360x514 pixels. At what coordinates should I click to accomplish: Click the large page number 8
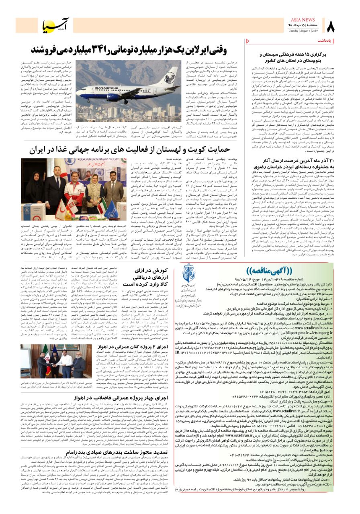pyautogui.click(x=331, y=28)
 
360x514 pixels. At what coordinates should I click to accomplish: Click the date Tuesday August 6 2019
pyautogui.click(x=303, y=31)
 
